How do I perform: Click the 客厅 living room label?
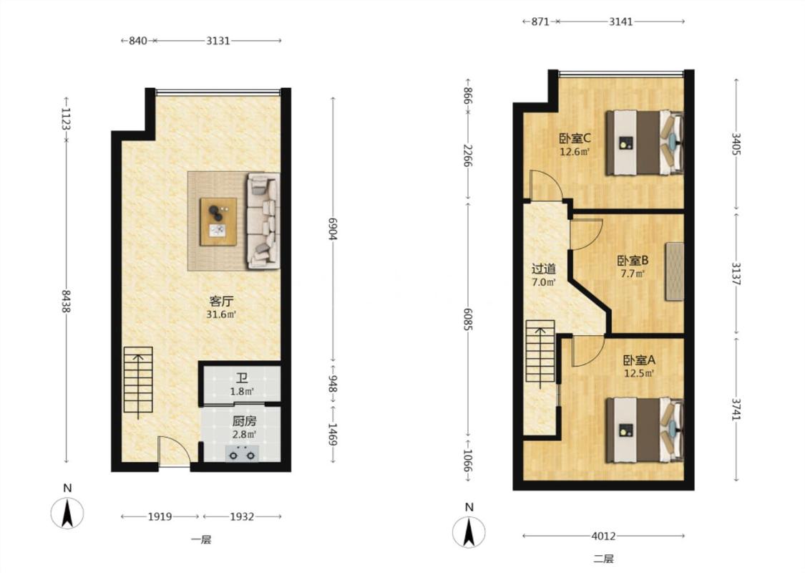click(x=221, y=301)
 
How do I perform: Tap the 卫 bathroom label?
click(x=242, y=380)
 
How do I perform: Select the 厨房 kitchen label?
click(x=244, y=422)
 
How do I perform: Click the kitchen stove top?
click(x=242, y=454)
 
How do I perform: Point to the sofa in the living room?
click(x=263, y=221)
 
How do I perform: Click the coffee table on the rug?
click(x=218, y=221)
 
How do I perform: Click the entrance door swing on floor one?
click(x=174, y=451)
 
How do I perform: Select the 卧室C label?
click(x=575, y=138)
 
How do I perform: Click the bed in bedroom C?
click(x=645, y=143)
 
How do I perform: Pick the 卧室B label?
click(x=633, y=261)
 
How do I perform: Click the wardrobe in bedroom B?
click(x=675, y=271)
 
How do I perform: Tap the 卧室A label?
click(x=639, y=361)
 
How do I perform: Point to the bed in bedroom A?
click(x=645, y=430)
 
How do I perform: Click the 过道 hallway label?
click(x=544, y=269)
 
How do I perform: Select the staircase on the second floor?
click(x=540, y=352)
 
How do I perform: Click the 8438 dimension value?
click(x=67, y=301)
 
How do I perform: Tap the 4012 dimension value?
click(x=603, y=536)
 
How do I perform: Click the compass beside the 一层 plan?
click(x=67, y=513)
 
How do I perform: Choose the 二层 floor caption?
click(x=603, y=559)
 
